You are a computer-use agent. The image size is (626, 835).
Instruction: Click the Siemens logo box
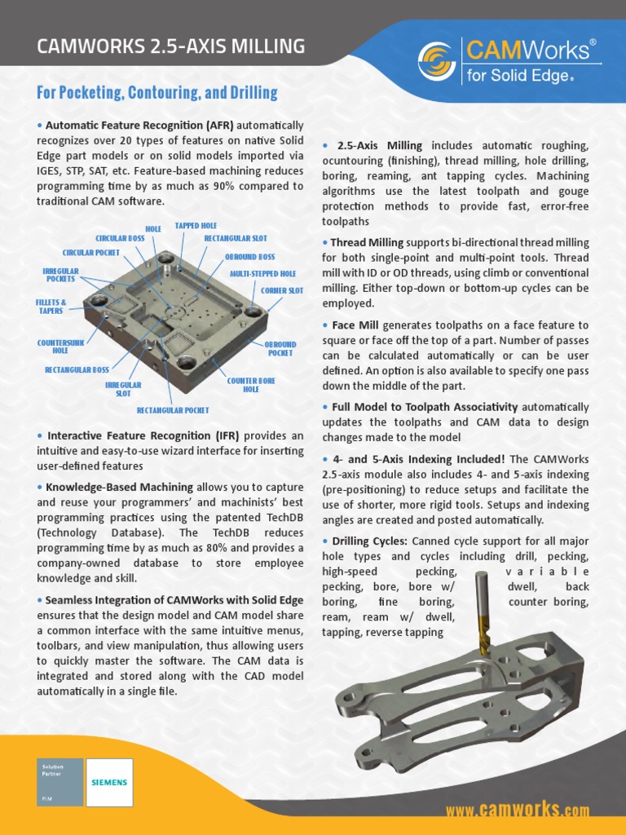109,782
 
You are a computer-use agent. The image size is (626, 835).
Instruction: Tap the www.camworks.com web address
517,810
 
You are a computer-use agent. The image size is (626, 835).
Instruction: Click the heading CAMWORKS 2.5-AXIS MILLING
171,46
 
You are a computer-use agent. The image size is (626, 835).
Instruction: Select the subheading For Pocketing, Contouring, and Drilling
157,93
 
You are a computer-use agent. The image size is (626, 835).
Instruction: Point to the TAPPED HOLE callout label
196,224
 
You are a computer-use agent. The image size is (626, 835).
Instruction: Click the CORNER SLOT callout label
282,290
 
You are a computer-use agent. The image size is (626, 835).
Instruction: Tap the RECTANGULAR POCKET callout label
173,410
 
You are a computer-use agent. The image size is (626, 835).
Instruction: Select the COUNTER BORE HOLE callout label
251,385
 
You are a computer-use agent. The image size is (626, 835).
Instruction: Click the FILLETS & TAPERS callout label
51,306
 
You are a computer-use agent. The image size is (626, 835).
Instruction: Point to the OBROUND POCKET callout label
280,349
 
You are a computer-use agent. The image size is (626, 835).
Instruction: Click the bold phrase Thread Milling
367,242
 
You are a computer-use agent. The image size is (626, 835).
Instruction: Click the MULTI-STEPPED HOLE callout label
262,274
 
